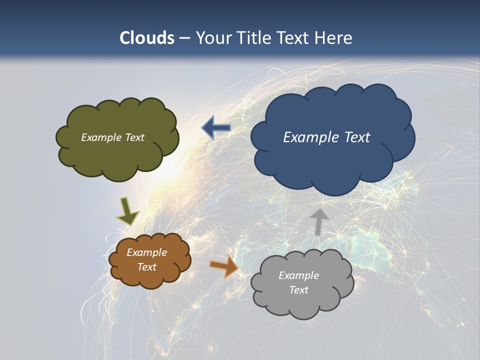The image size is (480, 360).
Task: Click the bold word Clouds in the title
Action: click(147, 38)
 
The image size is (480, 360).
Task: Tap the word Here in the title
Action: click(335, 38)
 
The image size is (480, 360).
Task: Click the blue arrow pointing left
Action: click(216, 128)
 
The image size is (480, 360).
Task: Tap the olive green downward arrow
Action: click(127, 211)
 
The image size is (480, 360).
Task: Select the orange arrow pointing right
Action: click(224, 266)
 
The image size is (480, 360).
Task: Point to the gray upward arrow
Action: click(318, 221)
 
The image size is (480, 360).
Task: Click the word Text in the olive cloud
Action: click(134, 137)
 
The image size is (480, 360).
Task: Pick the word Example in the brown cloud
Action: click(147, 252)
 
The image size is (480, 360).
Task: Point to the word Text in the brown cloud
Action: click(147, 267)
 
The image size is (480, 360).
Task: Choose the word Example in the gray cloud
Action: click(298, 275)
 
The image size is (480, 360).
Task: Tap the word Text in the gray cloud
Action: click(298, 290)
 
